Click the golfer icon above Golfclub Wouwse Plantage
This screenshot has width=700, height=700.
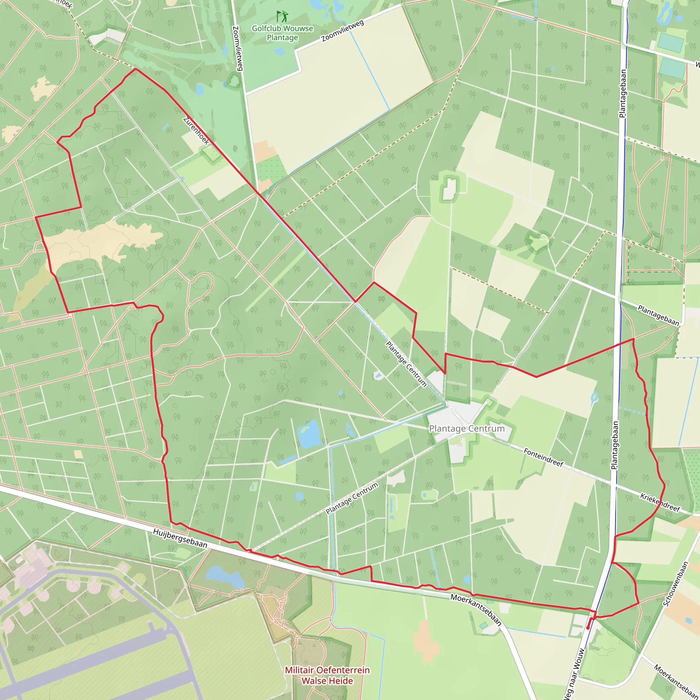pyautogui.click(x=282, y=16)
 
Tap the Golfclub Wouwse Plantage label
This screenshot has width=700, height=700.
pyautogui.click(x=282, y=33)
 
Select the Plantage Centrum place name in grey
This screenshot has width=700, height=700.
pyautogui.click(x=467, y=429)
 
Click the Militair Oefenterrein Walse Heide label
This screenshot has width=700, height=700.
pyautogui.click(x=327, y=675)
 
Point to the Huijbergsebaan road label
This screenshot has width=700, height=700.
pyautogui.click(x=180, y=538)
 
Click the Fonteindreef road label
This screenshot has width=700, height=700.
pyautogui.click(x=543, y=457)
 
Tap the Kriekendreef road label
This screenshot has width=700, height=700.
pyautogui.click(x=660, y=502)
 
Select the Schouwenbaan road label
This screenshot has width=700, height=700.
pyautogui.click(x=675, y=584)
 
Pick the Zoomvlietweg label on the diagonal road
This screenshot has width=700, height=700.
pyautogui.click(x=342, y=31)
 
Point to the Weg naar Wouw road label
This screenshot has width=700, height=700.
pyautogui.click(x=575, y=674)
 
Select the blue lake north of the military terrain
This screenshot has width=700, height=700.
pyautogui.click(x=225, y=578)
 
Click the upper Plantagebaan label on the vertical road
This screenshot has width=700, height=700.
pyautogui.click(x=623, y=93)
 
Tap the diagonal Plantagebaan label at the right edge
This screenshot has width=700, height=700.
pyautogui.click(x=658, y=315)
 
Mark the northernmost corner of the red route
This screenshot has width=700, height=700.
pyautogui.click(x=135, y=68)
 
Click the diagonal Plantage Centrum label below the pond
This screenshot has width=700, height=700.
pyautogui.click(x=351, y=498)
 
